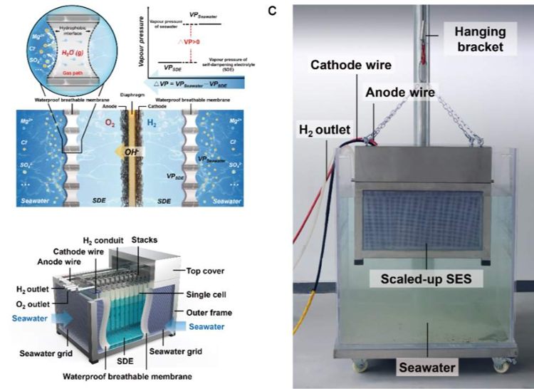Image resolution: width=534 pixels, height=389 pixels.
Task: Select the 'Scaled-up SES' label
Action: pyautogui.click(x=426, y=280)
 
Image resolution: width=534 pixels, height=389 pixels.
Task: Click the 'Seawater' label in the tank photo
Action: pyautogui.click(x=425, y=368)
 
